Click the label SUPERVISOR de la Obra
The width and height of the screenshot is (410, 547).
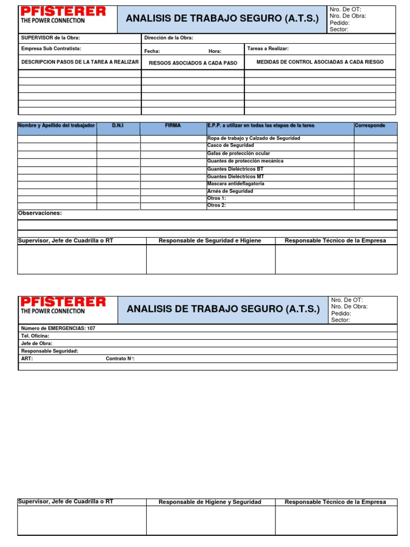click(50, 38)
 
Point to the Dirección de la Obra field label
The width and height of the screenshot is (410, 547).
click(169, 38)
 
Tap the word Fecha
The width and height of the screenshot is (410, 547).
click(152, 51)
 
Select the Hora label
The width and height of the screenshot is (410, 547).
click(215, 51)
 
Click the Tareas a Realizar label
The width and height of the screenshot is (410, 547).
click(268, 49)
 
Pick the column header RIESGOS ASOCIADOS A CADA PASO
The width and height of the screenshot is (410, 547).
click(193, 62)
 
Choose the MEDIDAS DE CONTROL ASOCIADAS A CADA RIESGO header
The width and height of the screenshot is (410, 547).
click(320, 62)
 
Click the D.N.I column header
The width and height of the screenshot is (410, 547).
click(117, 126)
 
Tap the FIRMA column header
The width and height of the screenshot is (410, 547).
click(173, 126)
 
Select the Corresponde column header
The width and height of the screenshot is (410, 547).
click(369, 126)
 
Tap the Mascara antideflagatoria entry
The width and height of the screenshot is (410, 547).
click(235, 184)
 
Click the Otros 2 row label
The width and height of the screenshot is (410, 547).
click(216, 205)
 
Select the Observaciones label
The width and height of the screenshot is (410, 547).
click(40, 213)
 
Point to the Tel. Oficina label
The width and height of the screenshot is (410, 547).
click(35, 335)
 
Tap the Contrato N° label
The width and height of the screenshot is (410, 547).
click(120, 358)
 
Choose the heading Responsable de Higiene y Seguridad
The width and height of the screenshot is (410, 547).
click(210, 502)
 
